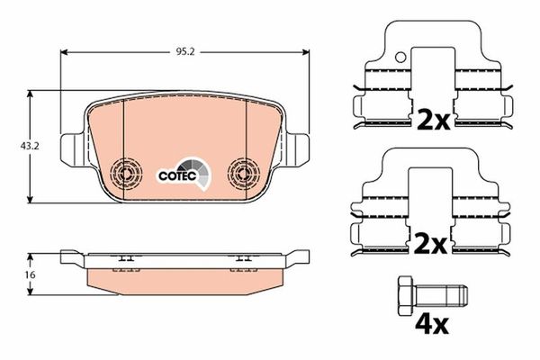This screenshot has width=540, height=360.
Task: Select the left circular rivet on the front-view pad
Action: [127, 172]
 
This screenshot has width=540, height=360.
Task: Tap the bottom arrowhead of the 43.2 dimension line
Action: [33, 200]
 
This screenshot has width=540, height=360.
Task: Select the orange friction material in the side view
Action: [184, 281]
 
